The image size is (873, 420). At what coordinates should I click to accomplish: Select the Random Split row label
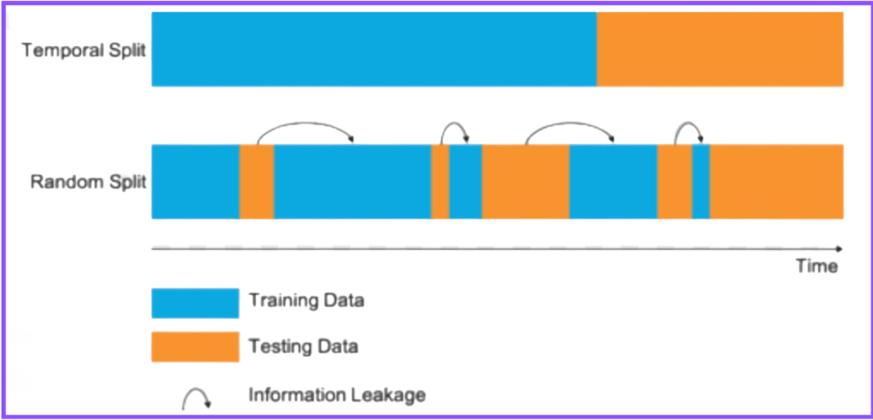click(x=88, y=182)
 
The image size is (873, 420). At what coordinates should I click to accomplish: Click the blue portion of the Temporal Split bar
click(x=373, y=49)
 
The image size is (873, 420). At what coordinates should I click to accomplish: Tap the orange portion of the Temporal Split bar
click(x=720, y=49)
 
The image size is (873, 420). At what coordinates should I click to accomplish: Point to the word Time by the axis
click(x=816, y=267)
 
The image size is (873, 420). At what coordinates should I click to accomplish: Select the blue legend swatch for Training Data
click(x=195, y=302)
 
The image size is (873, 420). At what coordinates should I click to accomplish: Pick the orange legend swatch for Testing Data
click(x=195, y=346)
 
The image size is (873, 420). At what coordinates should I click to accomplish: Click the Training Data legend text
click(x=306, y=300)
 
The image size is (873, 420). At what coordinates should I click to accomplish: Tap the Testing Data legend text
click(x=303, y=348)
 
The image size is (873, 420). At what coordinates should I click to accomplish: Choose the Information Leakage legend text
click(x=337, y=394)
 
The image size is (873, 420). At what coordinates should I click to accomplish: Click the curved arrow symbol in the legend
click(x=196, y=397)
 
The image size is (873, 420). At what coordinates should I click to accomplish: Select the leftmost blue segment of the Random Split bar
click(x=195, y=181)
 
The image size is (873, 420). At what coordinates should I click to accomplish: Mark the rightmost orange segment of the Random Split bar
click(x=776, y=181)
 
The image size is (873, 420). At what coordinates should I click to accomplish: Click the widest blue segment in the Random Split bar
click(x=352, y=181)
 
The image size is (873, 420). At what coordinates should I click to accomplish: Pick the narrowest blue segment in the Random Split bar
click(x=701, y=181)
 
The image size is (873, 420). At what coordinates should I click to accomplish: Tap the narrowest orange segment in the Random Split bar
click(x=440, y=181)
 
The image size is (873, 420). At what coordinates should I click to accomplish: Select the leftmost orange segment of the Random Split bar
click(x=257, y=181)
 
